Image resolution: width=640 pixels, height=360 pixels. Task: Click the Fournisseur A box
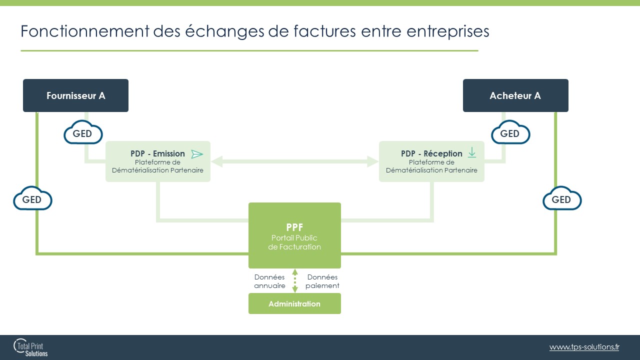pos(75,95)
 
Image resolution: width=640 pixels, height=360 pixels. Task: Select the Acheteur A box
pos(515,95)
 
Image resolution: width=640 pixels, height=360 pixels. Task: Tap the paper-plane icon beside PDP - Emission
pos(197,154)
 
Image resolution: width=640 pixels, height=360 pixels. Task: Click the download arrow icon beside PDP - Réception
pos(472,152)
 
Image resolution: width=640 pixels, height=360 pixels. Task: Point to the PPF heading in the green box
pos(294,227)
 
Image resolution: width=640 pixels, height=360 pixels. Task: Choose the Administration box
pos(294,303)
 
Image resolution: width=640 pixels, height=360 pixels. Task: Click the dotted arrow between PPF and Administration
pos(295,281)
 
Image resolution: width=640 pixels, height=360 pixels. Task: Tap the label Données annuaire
pos(269,281)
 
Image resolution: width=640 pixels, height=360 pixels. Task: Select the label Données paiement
pos(322,281)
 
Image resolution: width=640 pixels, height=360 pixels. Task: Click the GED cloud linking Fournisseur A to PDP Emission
pos(83,132)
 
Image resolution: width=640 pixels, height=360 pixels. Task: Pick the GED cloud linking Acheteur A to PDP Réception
pos(510,132)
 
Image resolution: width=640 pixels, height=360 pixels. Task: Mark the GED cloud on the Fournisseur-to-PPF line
pos(32,198)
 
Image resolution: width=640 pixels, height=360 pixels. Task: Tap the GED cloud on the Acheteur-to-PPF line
pos(562,198)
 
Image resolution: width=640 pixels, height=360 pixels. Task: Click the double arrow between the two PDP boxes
pos(295,161)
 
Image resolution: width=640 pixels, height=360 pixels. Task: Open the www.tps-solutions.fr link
pos(584,347)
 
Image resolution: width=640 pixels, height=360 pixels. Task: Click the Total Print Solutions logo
pos(30,347)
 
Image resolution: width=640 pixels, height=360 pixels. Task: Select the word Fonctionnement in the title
pos(85,31)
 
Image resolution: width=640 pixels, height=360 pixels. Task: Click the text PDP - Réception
pos(431,153)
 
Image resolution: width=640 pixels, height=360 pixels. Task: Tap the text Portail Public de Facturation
pos(294,242)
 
